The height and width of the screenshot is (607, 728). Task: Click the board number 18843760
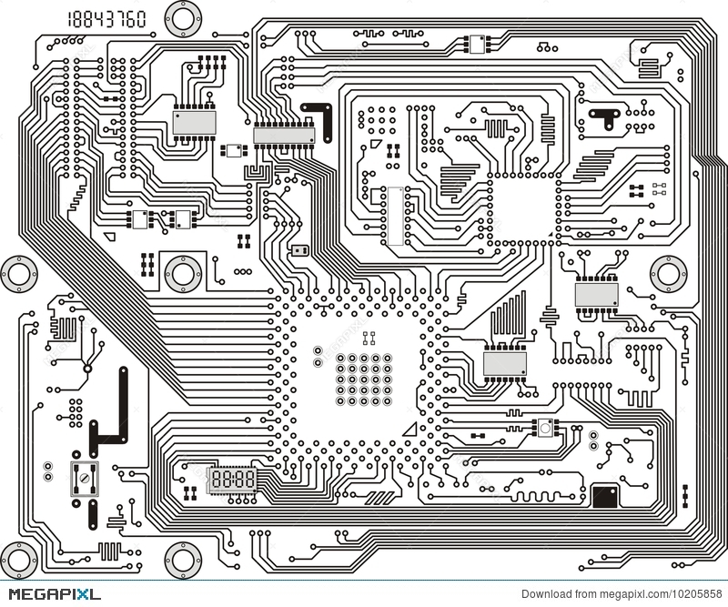tap(106, 19)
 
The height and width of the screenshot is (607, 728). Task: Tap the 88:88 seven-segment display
tap(233, 478)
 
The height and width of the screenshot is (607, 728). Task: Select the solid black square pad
tap(604, 497)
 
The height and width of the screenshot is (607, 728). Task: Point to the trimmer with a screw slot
tap(84, 476)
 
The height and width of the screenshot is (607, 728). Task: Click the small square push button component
tap(546, 427)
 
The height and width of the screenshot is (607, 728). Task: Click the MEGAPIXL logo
tap(50, 594)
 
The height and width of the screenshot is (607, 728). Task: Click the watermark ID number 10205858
tap(693, 595)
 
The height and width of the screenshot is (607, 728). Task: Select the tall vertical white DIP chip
tap(394, 216)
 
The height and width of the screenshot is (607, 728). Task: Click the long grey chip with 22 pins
tap(284, 136)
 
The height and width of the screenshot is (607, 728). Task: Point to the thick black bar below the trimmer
tap(92, 513)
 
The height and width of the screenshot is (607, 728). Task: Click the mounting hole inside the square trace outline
tap(183, 270)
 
